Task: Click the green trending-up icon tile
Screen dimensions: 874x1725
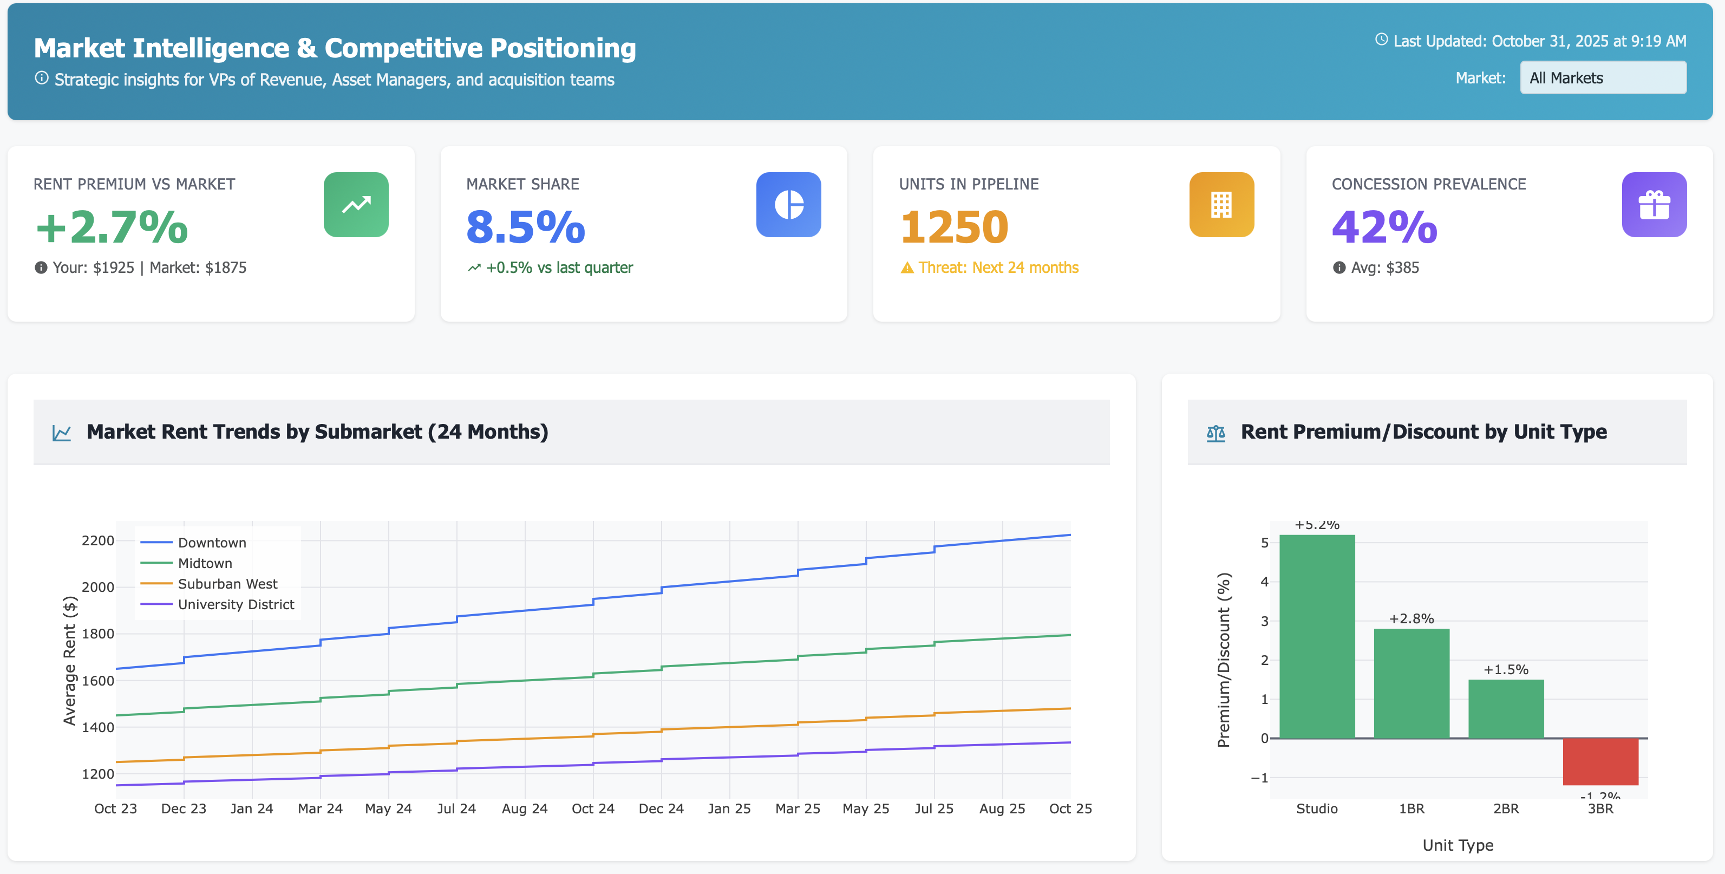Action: [x=356, y=204]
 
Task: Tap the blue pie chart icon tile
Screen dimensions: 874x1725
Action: [x=788, y=204]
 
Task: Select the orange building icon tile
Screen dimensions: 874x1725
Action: [x=1221, y=204]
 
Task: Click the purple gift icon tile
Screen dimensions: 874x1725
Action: [x=1654, y=204]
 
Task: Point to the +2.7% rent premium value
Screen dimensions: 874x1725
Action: [x=112, y=227]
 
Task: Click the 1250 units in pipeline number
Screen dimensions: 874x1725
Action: [x=953, y=227]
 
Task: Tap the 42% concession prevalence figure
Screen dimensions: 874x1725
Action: [x=1384, y=227]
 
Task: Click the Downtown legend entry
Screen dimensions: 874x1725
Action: [x=211, y=543]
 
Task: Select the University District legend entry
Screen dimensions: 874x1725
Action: [x=235, y=604]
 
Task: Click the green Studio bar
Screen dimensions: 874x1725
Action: [x=1317, y=636]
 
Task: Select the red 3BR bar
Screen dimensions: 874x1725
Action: [x=1600, y=761]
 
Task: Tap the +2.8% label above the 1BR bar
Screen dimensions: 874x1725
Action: [x=1411, y=618]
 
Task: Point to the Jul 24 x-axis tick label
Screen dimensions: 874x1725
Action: [x=456, y=808]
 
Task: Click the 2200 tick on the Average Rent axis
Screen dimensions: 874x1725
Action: [x=98, y=540]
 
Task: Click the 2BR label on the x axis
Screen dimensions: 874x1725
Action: [x=1505, y=808]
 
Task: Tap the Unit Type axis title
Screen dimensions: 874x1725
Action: [x=1457, y=845]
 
